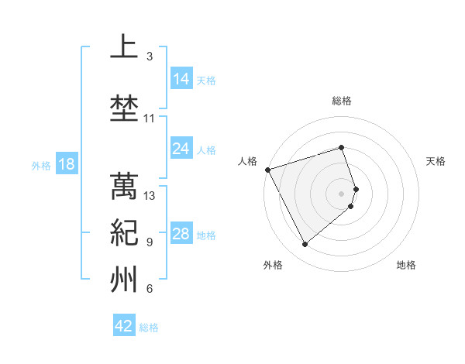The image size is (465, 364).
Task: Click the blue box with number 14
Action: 181,79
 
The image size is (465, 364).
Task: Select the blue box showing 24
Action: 181,149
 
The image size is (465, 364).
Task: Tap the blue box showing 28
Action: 181,234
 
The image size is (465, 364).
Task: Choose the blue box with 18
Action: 66,164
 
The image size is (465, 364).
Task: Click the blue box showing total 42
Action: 124,326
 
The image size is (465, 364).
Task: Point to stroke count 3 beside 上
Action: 150,57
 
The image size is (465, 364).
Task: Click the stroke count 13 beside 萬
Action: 150,196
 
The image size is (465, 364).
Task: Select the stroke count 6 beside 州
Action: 150,290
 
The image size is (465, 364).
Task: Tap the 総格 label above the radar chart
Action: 342,101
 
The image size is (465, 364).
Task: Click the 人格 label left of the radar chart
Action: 248,161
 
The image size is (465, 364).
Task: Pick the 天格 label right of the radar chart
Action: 436,161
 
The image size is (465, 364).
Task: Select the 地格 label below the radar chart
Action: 406,265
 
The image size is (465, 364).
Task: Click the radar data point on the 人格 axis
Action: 267,170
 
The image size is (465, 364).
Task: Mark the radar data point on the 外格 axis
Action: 305,245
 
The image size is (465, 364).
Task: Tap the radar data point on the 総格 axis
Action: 342,147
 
